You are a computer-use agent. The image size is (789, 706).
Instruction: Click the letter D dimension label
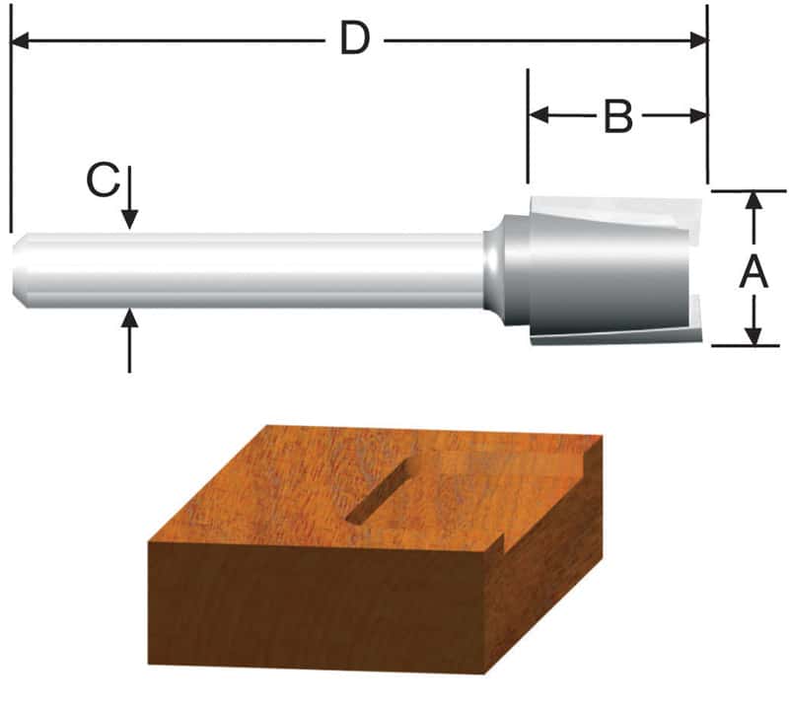tap(354, 39)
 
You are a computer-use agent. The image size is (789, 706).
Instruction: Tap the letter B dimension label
tap(617, 116)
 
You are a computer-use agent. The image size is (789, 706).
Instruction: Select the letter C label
tap(103, 181)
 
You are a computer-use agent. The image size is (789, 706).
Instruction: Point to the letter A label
tap(754, 269)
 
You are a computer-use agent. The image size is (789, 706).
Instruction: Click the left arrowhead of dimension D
tap(20, 40)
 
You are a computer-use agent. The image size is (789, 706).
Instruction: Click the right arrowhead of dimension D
tap(698, 40)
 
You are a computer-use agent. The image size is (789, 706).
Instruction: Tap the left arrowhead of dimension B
tap(538, 115)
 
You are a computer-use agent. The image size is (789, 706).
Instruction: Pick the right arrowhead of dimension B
tap(698, 115)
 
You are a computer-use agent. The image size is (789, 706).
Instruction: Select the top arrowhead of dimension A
tap(754, 200)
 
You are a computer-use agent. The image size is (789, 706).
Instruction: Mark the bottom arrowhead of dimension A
tap(754, 336)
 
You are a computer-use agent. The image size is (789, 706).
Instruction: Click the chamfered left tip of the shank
tap(20, 270)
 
